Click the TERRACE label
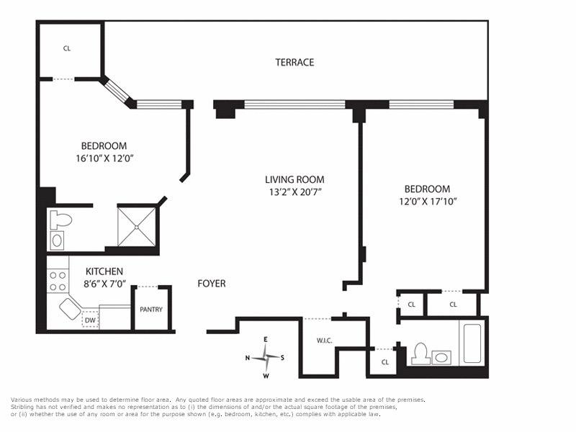click(294, 63)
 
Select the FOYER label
click(212, 284)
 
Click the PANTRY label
click(151, 310)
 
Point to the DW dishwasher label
click(90, 320)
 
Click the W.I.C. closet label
click(324, 341)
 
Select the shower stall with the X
click(137, 226)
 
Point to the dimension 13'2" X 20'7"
click(294, 192)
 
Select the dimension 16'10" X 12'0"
click(104, 158)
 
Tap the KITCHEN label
click(105, 271)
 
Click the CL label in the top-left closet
click(67, 49)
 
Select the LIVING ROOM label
click(294, 180)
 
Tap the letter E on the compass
click(265, 339)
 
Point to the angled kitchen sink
click(70, 309)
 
